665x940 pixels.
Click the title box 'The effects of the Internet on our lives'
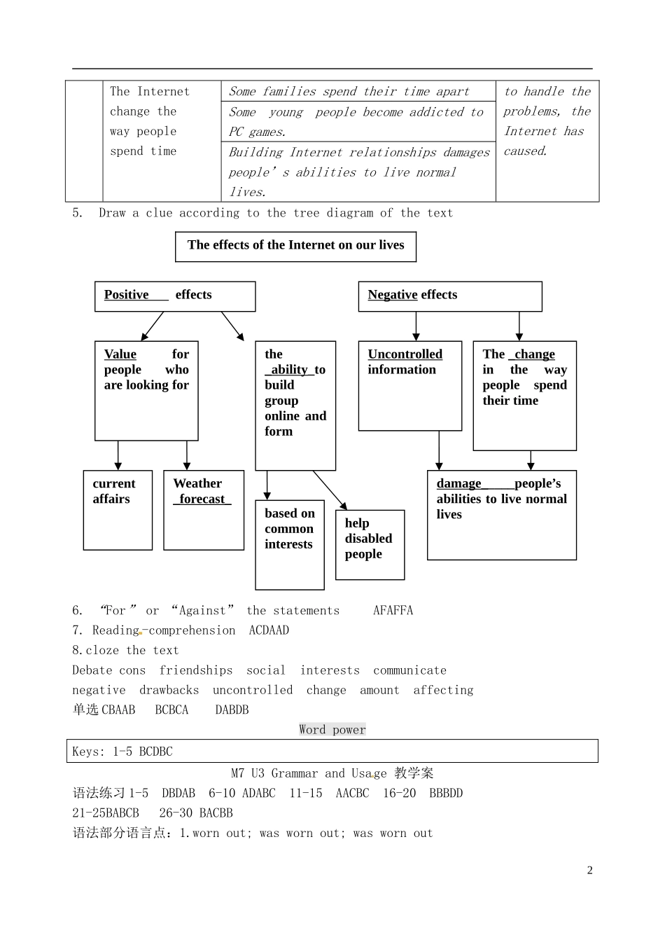pos(295,246)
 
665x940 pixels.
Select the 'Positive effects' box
pos(175,296)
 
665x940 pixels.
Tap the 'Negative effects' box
pos(449,296)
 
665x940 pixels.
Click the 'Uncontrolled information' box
pos(409,385)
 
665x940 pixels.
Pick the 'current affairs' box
pos(118,509)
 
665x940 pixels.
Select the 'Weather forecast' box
pos(204,509)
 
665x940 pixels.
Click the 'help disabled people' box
pos(370,544)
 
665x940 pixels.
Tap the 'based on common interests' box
pos(290,544)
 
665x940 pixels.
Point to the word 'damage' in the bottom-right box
pos(458,483)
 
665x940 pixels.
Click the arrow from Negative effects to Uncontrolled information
pos(416,326)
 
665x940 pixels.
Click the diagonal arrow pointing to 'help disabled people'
pos(330,490)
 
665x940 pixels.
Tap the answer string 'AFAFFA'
pos(393,611)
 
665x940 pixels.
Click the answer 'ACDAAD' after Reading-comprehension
pos(269,630)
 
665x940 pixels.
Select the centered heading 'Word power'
pos(332,730)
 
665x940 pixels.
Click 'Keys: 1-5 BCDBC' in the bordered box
pos(122,752)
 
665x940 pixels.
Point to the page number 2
pos(589,870)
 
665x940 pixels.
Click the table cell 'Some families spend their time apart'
pos(349,92)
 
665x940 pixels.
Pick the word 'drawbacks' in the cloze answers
pos(169,690)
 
